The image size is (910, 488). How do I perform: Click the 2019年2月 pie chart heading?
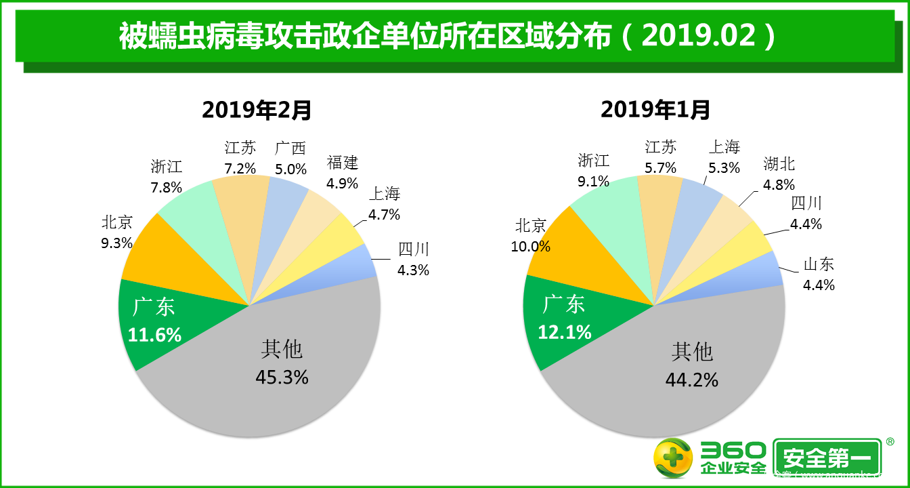click(257, 109)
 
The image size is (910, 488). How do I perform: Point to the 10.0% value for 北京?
click(531, 247)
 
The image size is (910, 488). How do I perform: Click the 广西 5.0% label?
click(290, 158)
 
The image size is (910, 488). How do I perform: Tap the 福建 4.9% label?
click(342, 172)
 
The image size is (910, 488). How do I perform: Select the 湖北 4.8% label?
click(779, 174)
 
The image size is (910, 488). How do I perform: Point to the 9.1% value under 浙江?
click(593, 181)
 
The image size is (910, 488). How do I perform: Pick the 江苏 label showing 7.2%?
click(240, 157)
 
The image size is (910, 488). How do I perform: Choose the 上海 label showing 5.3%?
click(724, 157)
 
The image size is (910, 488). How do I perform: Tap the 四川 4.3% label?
click(413, 259)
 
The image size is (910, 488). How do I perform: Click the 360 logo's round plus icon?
click(672, 458)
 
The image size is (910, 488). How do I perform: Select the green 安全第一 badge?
click(827, 459)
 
